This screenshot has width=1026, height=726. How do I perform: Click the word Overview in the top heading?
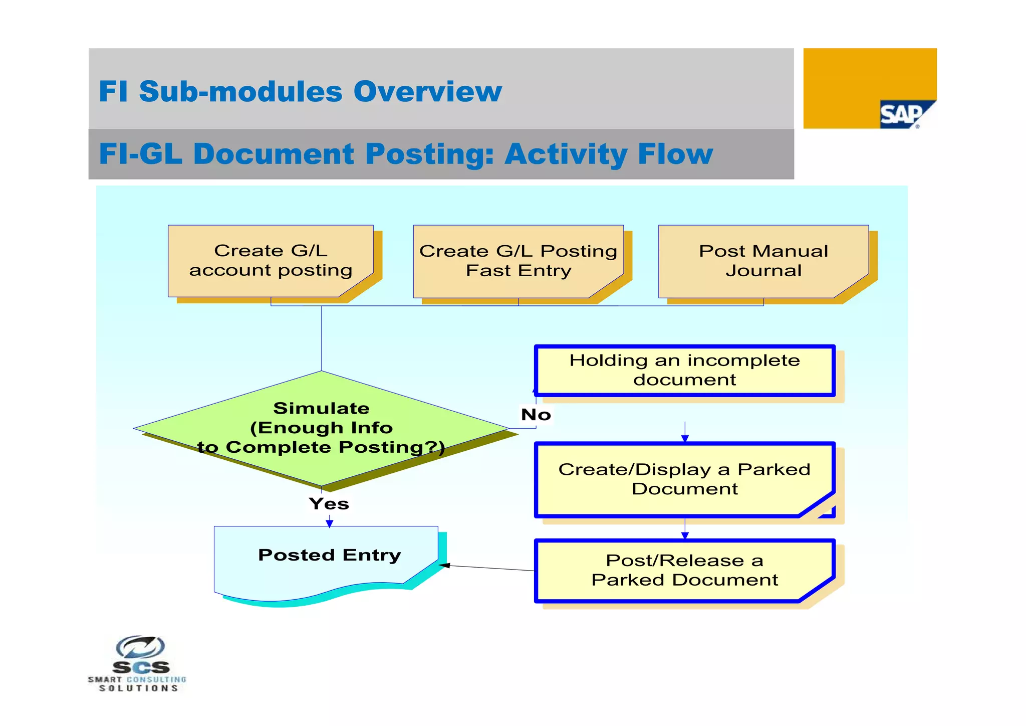point(427,92)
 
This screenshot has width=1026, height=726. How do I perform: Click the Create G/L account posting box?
point(271,261)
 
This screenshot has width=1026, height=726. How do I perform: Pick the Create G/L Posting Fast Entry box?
point(518,261)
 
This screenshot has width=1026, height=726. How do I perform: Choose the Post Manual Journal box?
point(763,261)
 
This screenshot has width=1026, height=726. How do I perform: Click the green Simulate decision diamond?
point(321,428)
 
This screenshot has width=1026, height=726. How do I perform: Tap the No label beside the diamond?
point(536,415)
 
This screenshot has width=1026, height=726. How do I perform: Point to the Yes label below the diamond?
point(329,503)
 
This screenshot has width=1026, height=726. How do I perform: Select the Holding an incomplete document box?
point(684,371)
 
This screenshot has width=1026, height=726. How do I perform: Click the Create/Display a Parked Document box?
point(684,479)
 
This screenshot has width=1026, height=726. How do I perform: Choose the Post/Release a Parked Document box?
point(684,570)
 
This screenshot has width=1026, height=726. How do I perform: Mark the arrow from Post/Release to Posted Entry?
point(488,568)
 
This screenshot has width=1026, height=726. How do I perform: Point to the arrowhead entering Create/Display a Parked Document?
point(685,439)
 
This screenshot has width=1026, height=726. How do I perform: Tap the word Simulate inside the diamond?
point(321,408)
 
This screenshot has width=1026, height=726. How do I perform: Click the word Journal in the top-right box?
point(763,271)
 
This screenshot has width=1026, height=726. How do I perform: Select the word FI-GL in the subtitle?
point(140,154)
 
